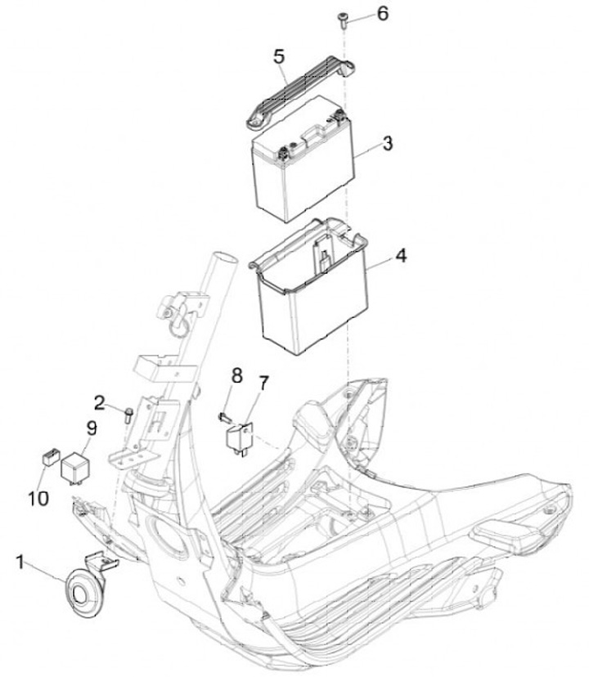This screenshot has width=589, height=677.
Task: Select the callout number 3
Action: pos(388,144)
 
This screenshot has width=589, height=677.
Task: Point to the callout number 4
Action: pos(400,254)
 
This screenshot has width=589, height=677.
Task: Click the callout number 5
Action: pos(279,57)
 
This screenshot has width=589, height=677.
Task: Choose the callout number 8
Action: pos(236,376)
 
